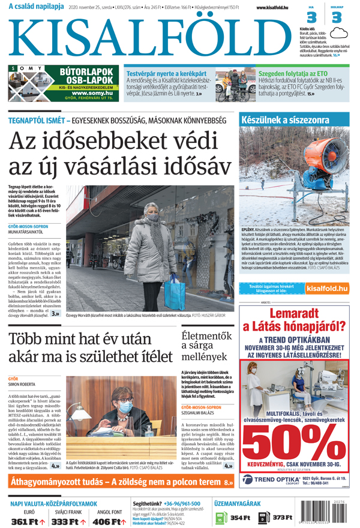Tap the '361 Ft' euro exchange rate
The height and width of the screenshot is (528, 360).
25,522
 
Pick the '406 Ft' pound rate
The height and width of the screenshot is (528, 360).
106,522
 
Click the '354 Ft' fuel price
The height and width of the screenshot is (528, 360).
239,518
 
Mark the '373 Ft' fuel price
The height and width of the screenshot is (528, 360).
282,518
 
